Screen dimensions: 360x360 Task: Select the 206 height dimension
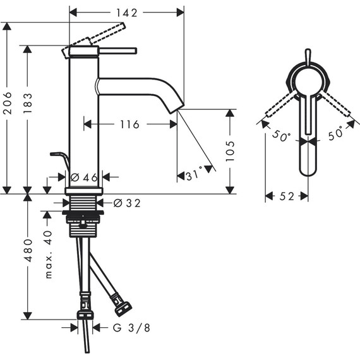click(8, 108)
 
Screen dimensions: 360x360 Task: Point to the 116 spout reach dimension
click(129, 124)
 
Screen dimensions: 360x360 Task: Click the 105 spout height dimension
click(230, 152)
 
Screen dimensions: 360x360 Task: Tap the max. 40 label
click(48, 255)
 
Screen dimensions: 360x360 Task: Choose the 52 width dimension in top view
click(286, 197)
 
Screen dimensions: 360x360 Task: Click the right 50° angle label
click(335, 134)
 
